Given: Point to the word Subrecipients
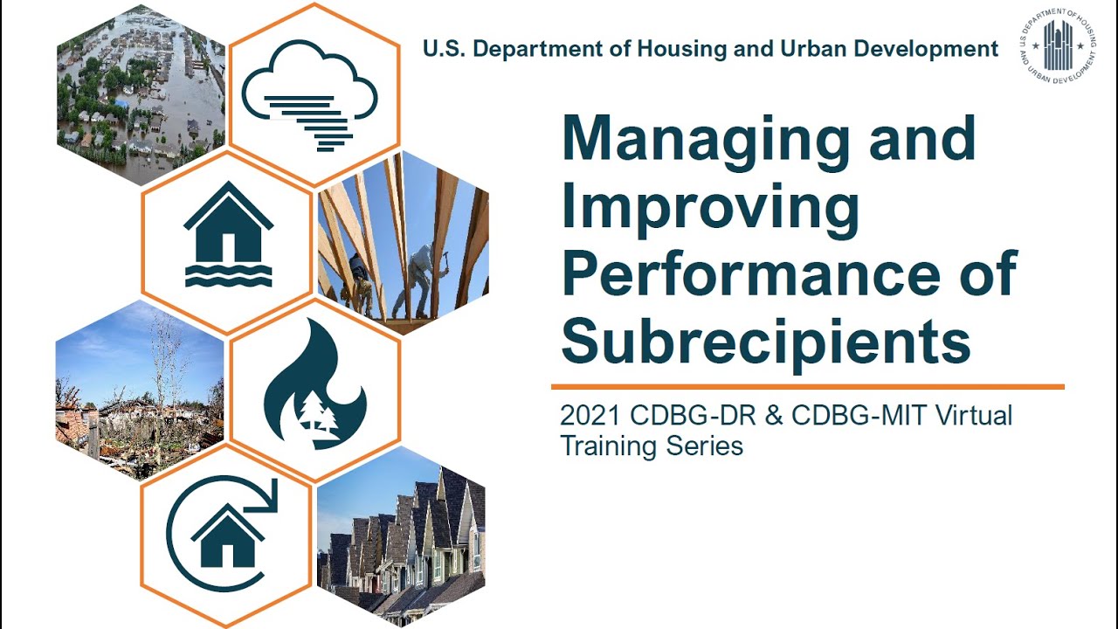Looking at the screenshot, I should click(765, 342).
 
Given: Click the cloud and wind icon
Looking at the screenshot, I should click(310, 94).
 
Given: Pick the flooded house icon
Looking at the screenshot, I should click(228, 238).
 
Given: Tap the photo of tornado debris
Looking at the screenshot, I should click(140, 389).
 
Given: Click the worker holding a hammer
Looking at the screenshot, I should click(419, 280).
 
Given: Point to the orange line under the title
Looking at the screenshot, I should click(807, 386).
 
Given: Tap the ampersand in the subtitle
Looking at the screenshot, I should click(772, 416).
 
